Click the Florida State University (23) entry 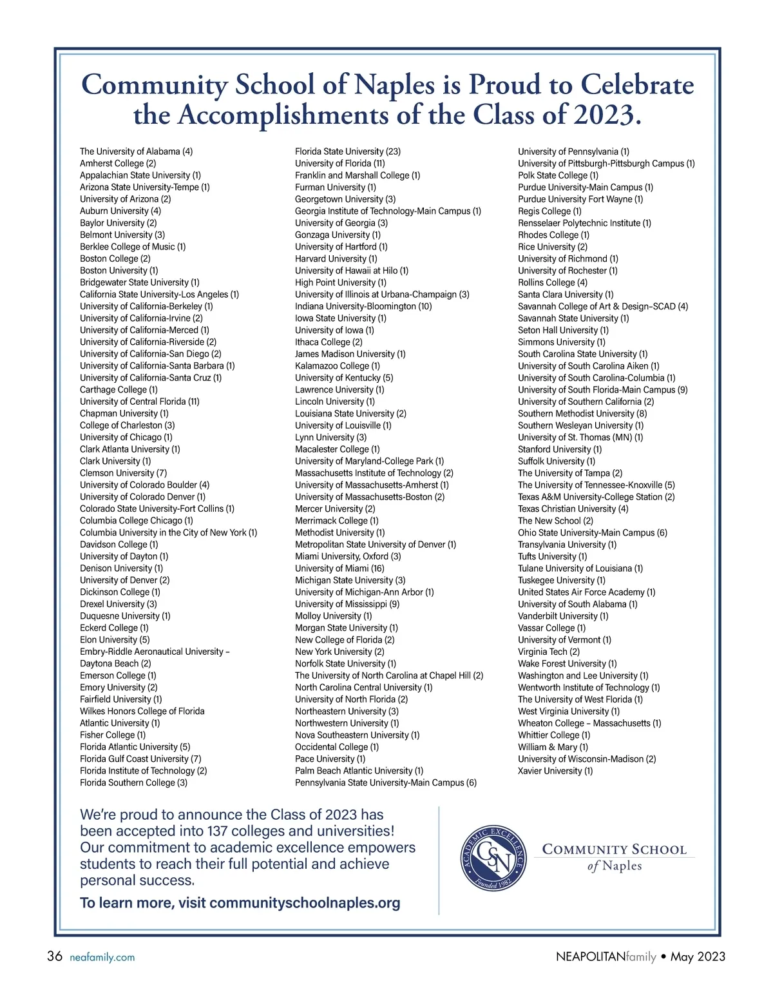pos(347,151)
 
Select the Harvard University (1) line pos(336,258)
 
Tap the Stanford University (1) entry pos(559,449)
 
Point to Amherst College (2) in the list pos(118,164)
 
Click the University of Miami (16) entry pos(339,568)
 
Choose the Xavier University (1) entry pos(555,771)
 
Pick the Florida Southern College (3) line pos(133,782)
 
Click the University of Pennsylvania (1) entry pos(573,151)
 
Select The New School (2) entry pos(555,521)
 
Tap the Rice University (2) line pos(552,247)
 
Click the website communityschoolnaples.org pos(305,903)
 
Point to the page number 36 pos(55,956)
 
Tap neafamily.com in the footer pos(102,957)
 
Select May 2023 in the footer pos(698,956)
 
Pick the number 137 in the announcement pos(216,831)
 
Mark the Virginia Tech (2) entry pos(548,652)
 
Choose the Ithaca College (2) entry pos(329,342)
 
